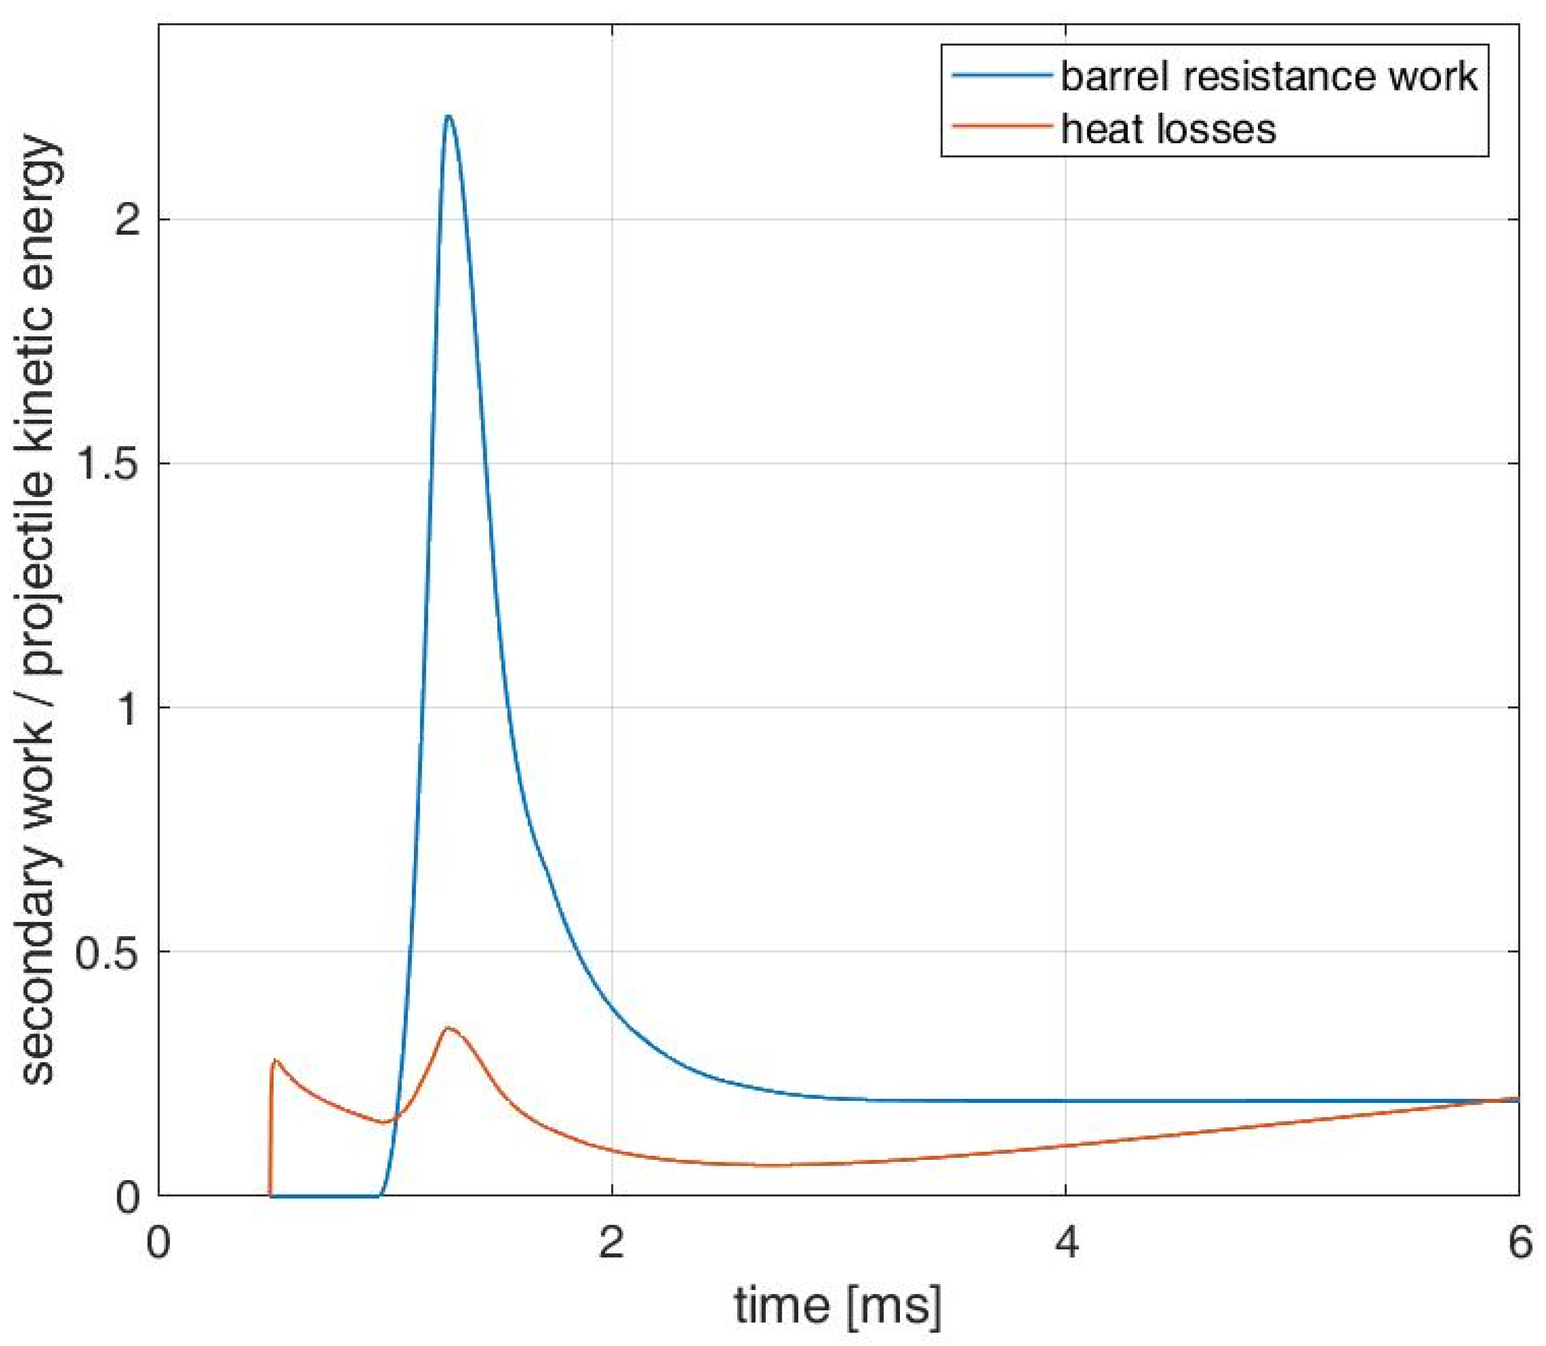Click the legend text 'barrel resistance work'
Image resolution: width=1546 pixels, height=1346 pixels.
pyautogui.click(x=1268, y=76)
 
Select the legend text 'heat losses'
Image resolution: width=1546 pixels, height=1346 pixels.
pyautogui.click(x=1168, y=129)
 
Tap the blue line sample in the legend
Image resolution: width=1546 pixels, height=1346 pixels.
pyautogui.click(x=1000, y=74)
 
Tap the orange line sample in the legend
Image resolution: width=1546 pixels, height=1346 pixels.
pyautogui.click(x=1000, y=126)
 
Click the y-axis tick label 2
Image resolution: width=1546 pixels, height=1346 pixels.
pyautogui.click(x=127, y=220)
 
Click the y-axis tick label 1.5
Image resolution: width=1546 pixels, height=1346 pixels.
pyautogui.click(x=110, y=464)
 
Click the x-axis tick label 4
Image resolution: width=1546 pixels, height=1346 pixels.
pyautogui.click(x=1066, y=1243)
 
